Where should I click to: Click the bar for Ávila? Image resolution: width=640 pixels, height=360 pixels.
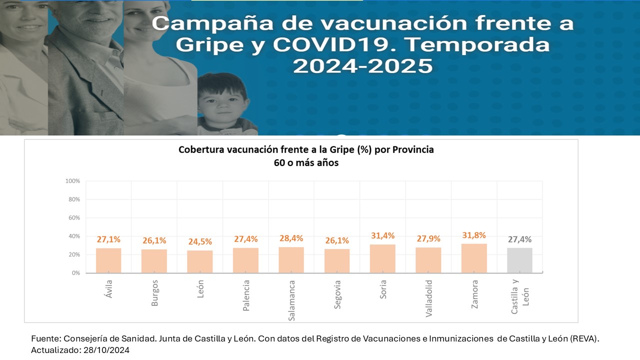(x=108, y=260)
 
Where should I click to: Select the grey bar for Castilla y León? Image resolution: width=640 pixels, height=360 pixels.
(x=519, y=260)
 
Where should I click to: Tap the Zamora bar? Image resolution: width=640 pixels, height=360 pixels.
(x=474, y=258)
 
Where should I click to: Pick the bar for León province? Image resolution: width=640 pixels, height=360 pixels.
(x=200, y=261)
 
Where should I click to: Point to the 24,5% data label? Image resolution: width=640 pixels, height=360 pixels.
(x=200, y=242)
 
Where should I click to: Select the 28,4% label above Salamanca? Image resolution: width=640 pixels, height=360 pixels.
(x=291, y=238)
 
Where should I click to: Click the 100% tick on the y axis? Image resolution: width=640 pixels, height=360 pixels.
(x=72, y=181)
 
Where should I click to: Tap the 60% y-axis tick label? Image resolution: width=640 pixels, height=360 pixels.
(x=73, y=218)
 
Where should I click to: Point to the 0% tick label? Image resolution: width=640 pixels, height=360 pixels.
(x=75, y=273)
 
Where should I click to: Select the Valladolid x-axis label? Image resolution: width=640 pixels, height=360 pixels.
(x=428, y=298)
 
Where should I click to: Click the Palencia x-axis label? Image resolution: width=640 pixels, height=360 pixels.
(x=246, y=295)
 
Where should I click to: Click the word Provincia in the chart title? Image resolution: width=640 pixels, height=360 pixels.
(x=413, y=149)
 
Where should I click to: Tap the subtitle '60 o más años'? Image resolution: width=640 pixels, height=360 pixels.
(x=306, y=162)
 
